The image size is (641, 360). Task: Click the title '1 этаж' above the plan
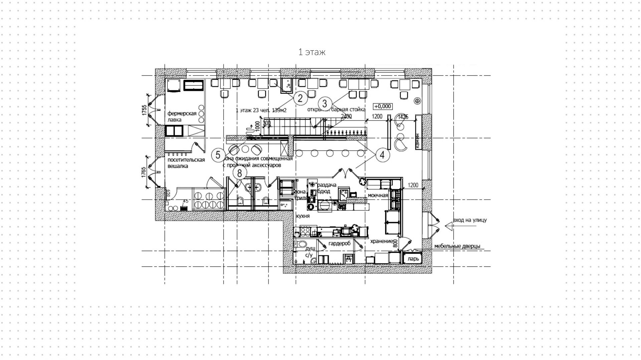click(311, 52)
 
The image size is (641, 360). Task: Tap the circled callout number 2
click(300, 98)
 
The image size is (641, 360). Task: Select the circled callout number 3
click(325, 104)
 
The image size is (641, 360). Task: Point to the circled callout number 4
click(382, 155)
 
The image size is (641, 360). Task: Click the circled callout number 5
click(218, 155)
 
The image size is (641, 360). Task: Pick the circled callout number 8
click(239, 173)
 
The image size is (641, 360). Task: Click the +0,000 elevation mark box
click(383, 107)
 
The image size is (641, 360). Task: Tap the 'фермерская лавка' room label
click(182, 117)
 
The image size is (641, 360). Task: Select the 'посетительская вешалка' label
click(186, 163)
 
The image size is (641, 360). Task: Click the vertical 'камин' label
click(418, 140)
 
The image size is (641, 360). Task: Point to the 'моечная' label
click(378, 195)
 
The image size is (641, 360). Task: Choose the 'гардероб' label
click(340, 243)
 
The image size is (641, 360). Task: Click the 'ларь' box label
click(413, 259)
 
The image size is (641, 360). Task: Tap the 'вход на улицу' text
click(470, 220)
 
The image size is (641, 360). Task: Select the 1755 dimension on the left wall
click(144, 111)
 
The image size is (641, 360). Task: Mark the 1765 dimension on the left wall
click(144, 172)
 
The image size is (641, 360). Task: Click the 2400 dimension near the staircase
click(346, 116)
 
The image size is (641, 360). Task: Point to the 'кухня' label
click(303, 216)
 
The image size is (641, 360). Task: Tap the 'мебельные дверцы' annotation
click(457, 246)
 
